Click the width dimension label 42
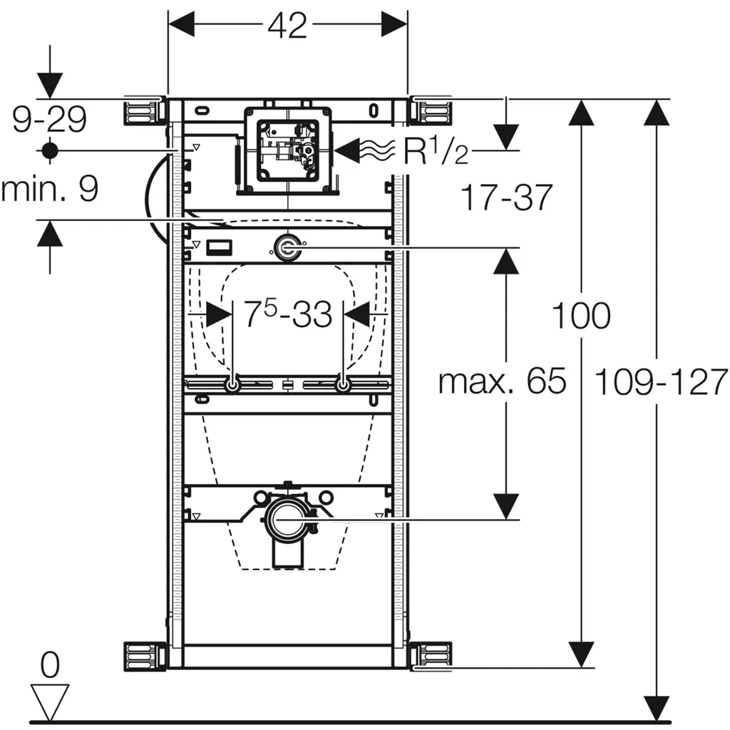(x=287, y=26)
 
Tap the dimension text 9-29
(x=50, y=118)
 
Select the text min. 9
(x=49, y=190)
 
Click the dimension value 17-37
(x=505, y=197)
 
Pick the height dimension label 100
(x=582, y=316)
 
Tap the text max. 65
(x=502, y=382)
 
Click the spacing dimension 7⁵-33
(x=288, y=314)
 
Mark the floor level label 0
(x=49, y=666)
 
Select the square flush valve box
(x=287, y=150)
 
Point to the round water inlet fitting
(x=287, y=248)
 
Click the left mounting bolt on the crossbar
(x=233, y=385)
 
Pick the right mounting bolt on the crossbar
(x=343, y=385)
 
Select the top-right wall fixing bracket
(x=433, y=113)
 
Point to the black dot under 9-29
(x=49, y=150)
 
